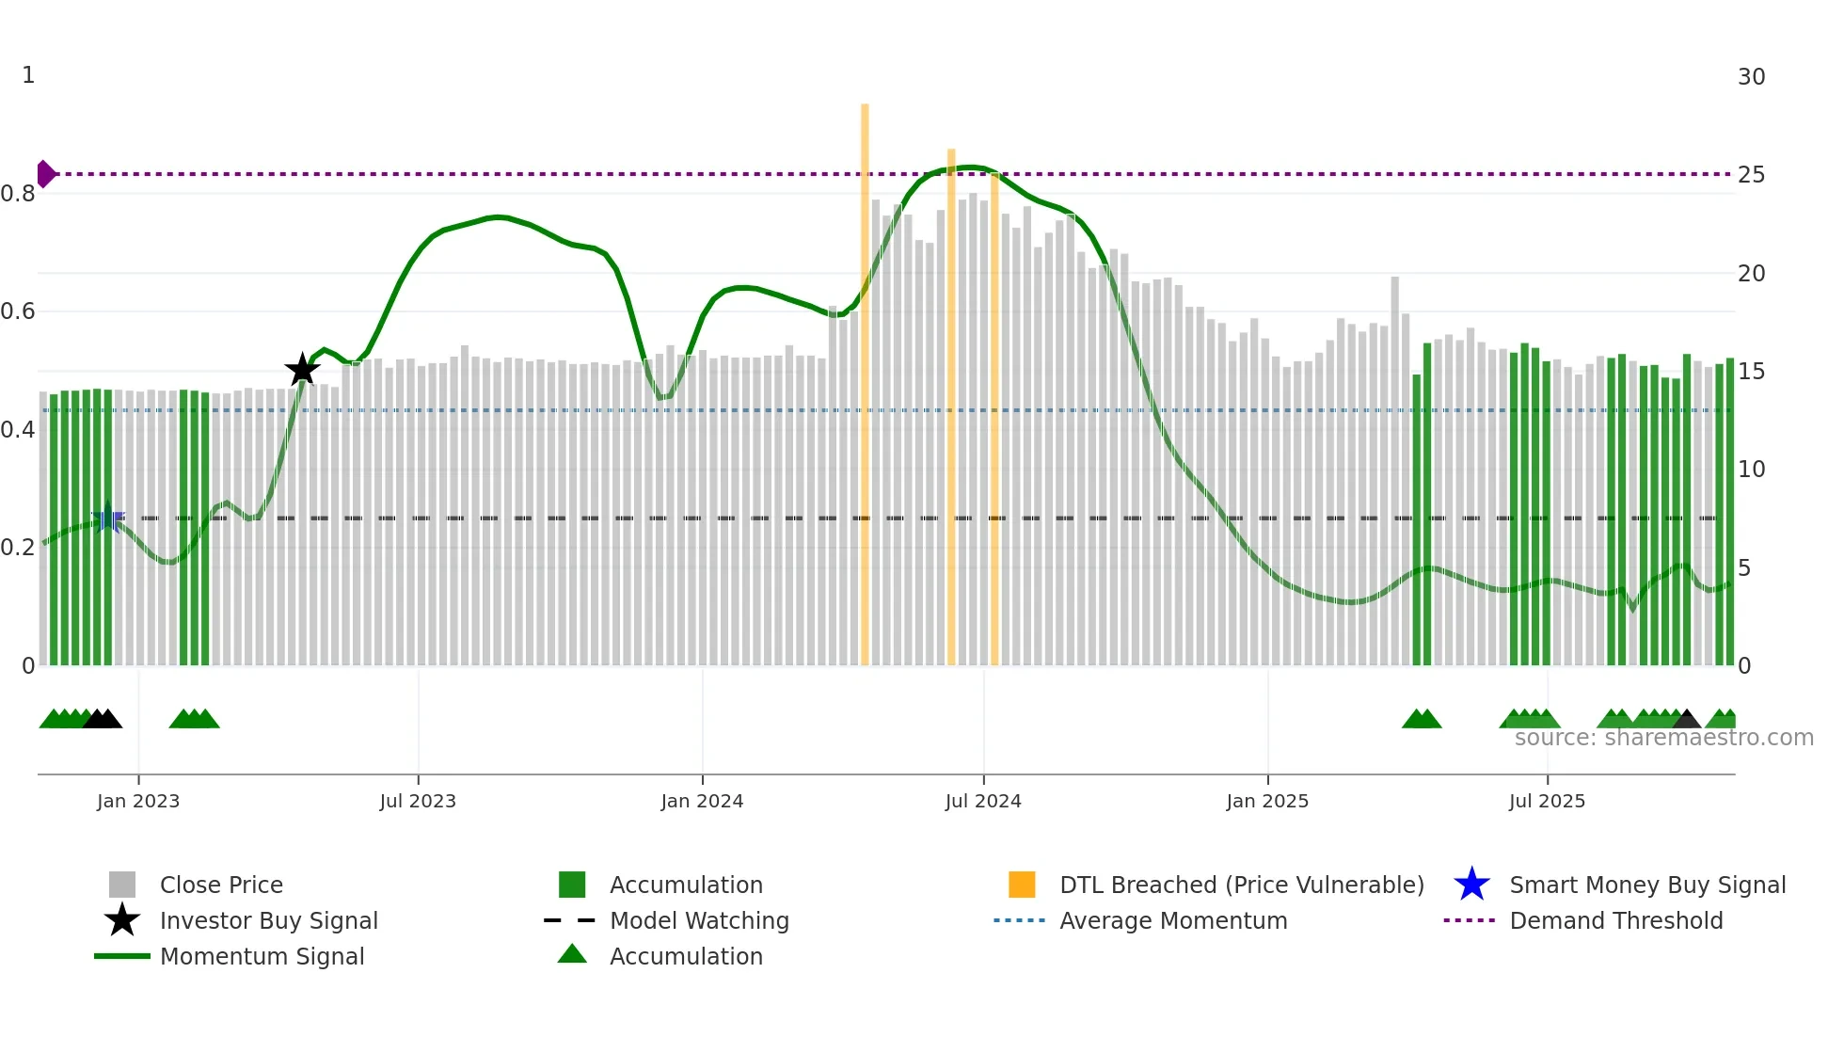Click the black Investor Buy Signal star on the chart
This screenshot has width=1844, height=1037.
pyautogui.click(x=302, y=370)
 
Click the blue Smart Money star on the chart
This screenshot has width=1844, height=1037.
pyautogui.click(x=108, y=517)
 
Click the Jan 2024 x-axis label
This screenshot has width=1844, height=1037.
pyautogui.click(x=702, y=801)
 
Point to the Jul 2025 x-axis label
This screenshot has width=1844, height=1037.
pyautogui.click(x=1547, y=801)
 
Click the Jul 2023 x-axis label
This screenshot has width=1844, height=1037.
pyautogui.click(x=418, y=801)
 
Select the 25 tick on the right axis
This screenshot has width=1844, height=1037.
pyautogui.click(x=1751, y=175)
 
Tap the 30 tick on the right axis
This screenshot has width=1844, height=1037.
pyautogui.click(x=1751, y=77)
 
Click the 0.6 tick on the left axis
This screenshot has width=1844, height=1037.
pyautogui.click(x=19, y=311)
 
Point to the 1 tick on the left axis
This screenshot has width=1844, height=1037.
pyautogui.click(x=28, y=75)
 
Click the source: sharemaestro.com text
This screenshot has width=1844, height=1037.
pyautogui.click(x=1663, y=738)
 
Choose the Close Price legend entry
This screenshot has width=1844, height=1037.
pyautogui.click(x=221, y=885)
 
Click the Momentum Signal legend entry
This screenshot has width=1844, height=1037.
pyautogui.click(x=262, y=956)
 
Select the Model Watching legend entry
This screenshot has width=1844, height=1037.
pyautogui.click(x=699, y=920)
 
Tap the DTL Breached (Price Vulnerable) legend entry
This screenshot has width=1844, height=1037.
pyautogui.click(x=1241, y=885)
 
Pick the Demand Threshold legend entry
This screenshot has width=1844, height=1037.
pyautogui.click(x=1615, y=920)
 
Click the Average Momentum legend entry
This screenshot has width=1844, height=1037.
pyautogui.click(x=1173, y=920)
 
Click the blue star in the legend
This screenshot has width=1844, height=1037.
pyautogui.click(x=1471, y=885)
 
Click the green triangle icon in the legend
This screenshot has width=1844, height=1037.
pyautogui.click(x=572, y=954)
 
